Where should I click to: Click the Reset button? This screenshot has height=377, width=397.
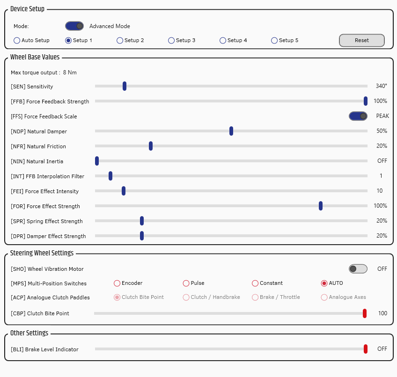362,41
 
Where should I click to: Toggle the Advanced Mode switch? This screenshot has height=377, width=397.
74,26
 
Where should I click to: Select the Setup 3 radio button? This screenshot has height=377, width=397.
171,41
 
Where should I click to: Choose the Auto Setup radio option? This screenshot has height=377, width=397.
17,41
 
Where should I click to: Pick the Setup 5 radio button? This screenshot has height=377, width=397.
274,41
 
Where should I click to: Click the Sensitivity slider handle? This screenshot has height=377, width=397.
125,86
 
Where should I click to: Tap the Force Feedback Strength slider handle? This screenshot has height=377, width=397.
366,101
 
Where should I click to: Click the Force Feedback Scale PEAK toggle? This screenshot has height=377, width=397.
358,116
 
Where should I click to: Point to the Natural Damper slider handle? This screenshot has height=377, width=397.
231,131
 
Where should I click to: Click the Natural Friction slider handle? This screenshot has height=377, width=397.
151,146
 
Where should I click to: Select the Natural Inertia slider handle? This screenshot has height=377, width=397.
97,161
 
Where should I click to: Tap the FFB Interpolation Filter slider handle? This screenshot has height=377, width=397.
110,176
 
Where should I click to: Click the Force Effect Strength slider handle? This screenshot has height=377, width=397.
321,206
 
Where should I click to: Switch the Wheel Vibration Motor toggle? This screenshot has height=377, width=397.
358,268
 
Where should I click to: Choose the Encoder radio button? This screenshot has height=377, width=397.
117,283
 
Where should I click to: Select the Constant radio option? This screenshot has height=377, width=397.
255,283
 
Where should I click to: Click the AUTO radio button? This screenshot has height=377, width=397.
324,283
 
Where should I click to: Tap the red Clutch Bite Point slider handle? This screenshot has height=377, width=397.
365,313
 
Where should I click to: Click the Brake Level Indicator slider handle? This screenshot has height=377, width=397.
366,349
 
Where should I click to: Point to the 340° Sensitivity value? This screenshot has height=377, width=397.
381,86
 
